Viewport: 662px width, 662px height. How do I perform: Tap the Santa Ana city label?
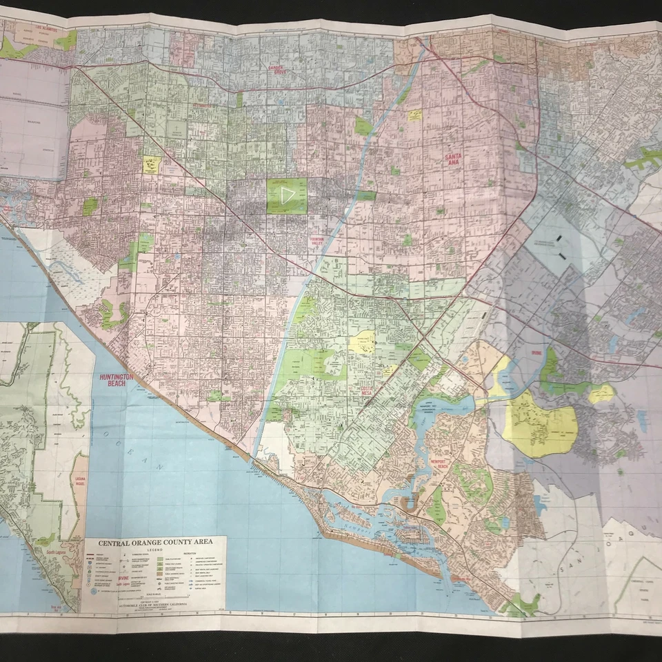[452, 160]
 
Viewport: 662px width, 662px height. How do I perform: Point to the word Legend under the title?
[154, 550]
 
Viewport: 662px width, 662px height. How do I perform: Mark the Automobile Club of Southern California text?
[154, 604]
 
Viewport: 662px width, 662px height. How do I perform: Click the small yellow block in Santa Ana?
[414, 115]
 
